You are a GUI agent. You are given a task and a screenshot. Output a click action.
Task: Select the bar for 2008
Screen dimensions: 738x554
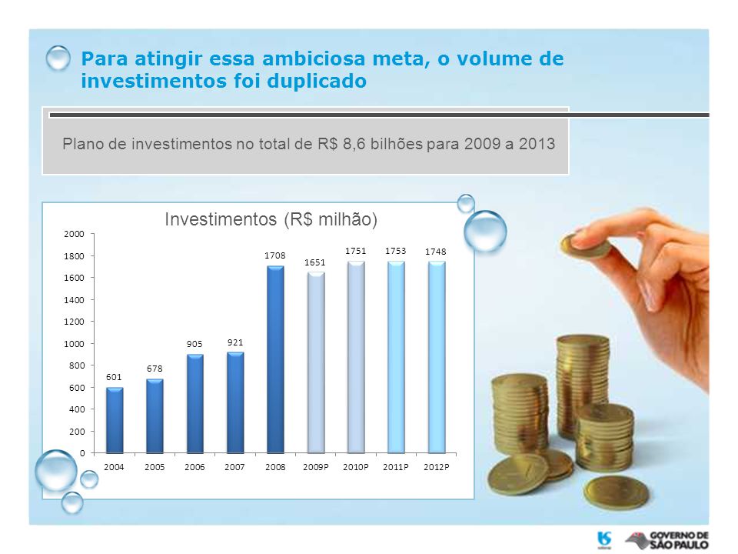click(x=275, y=360)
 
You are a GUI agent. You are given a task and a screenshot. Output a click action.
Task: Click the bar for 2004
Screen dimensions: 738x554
click(x=115, y=421)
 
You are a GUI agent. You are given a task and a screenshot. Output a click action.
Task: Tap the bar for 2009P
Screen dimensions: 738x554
click(x=316, y=363)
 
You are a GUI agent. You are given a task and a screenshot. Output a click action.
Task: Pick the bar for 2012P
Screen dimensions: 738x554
click(x=437, y=358)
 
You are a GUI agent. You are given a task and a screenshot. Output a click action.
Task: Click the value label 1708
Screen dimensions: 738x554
click(x=275, y=255)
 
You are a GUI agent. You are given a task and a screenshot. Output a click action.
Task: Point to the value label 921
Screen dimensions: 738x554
click(x=235, y=342)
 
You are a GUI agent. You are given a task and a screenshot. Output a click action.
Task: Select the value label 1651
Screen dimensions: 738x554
click(x=315, y=262)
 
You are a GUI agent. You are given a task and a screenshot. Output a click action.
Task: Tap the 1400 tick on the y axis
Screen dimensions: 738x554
click(x=74, y=299)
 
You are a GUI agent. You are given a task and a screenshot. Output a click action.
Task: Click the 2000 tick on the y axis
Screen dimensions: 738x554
click(x=74, y=234)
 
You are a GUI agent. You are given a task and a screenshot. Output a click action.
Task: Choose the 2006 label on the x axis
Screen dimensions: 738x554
click(x=194, y=467)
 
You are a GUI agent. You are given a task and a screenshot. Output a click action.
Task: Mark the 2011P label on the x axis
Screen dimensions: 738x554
click(x=395, y=467)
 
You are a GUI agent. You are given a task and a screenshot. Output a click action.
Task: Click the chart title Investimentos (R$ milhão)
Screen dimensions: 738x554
click(x=271, y=219)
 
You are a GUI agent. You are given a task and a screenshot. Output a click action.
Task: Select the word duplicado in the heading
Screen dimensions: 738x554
click(x=317, y=81)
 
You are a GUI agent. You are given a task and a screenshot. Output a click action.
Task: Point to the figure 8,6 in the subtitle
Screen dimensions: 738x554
click(x=354, y=144)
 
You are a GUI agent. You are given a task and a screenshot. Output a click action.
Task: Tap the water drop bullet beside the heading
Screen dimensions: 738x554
click(x=58, y=58)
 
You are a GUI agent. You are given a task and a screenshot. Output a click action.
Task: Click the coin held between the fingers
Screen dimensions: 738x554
click(x=585, y=246)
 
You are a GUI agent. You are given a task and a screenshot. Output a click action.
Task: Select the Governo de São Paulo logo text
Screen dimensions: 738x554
click(x=679, y=540)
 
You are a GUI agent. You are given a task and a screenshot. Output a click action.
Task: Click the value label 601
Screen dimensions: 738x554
click(x=114, y=377)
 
